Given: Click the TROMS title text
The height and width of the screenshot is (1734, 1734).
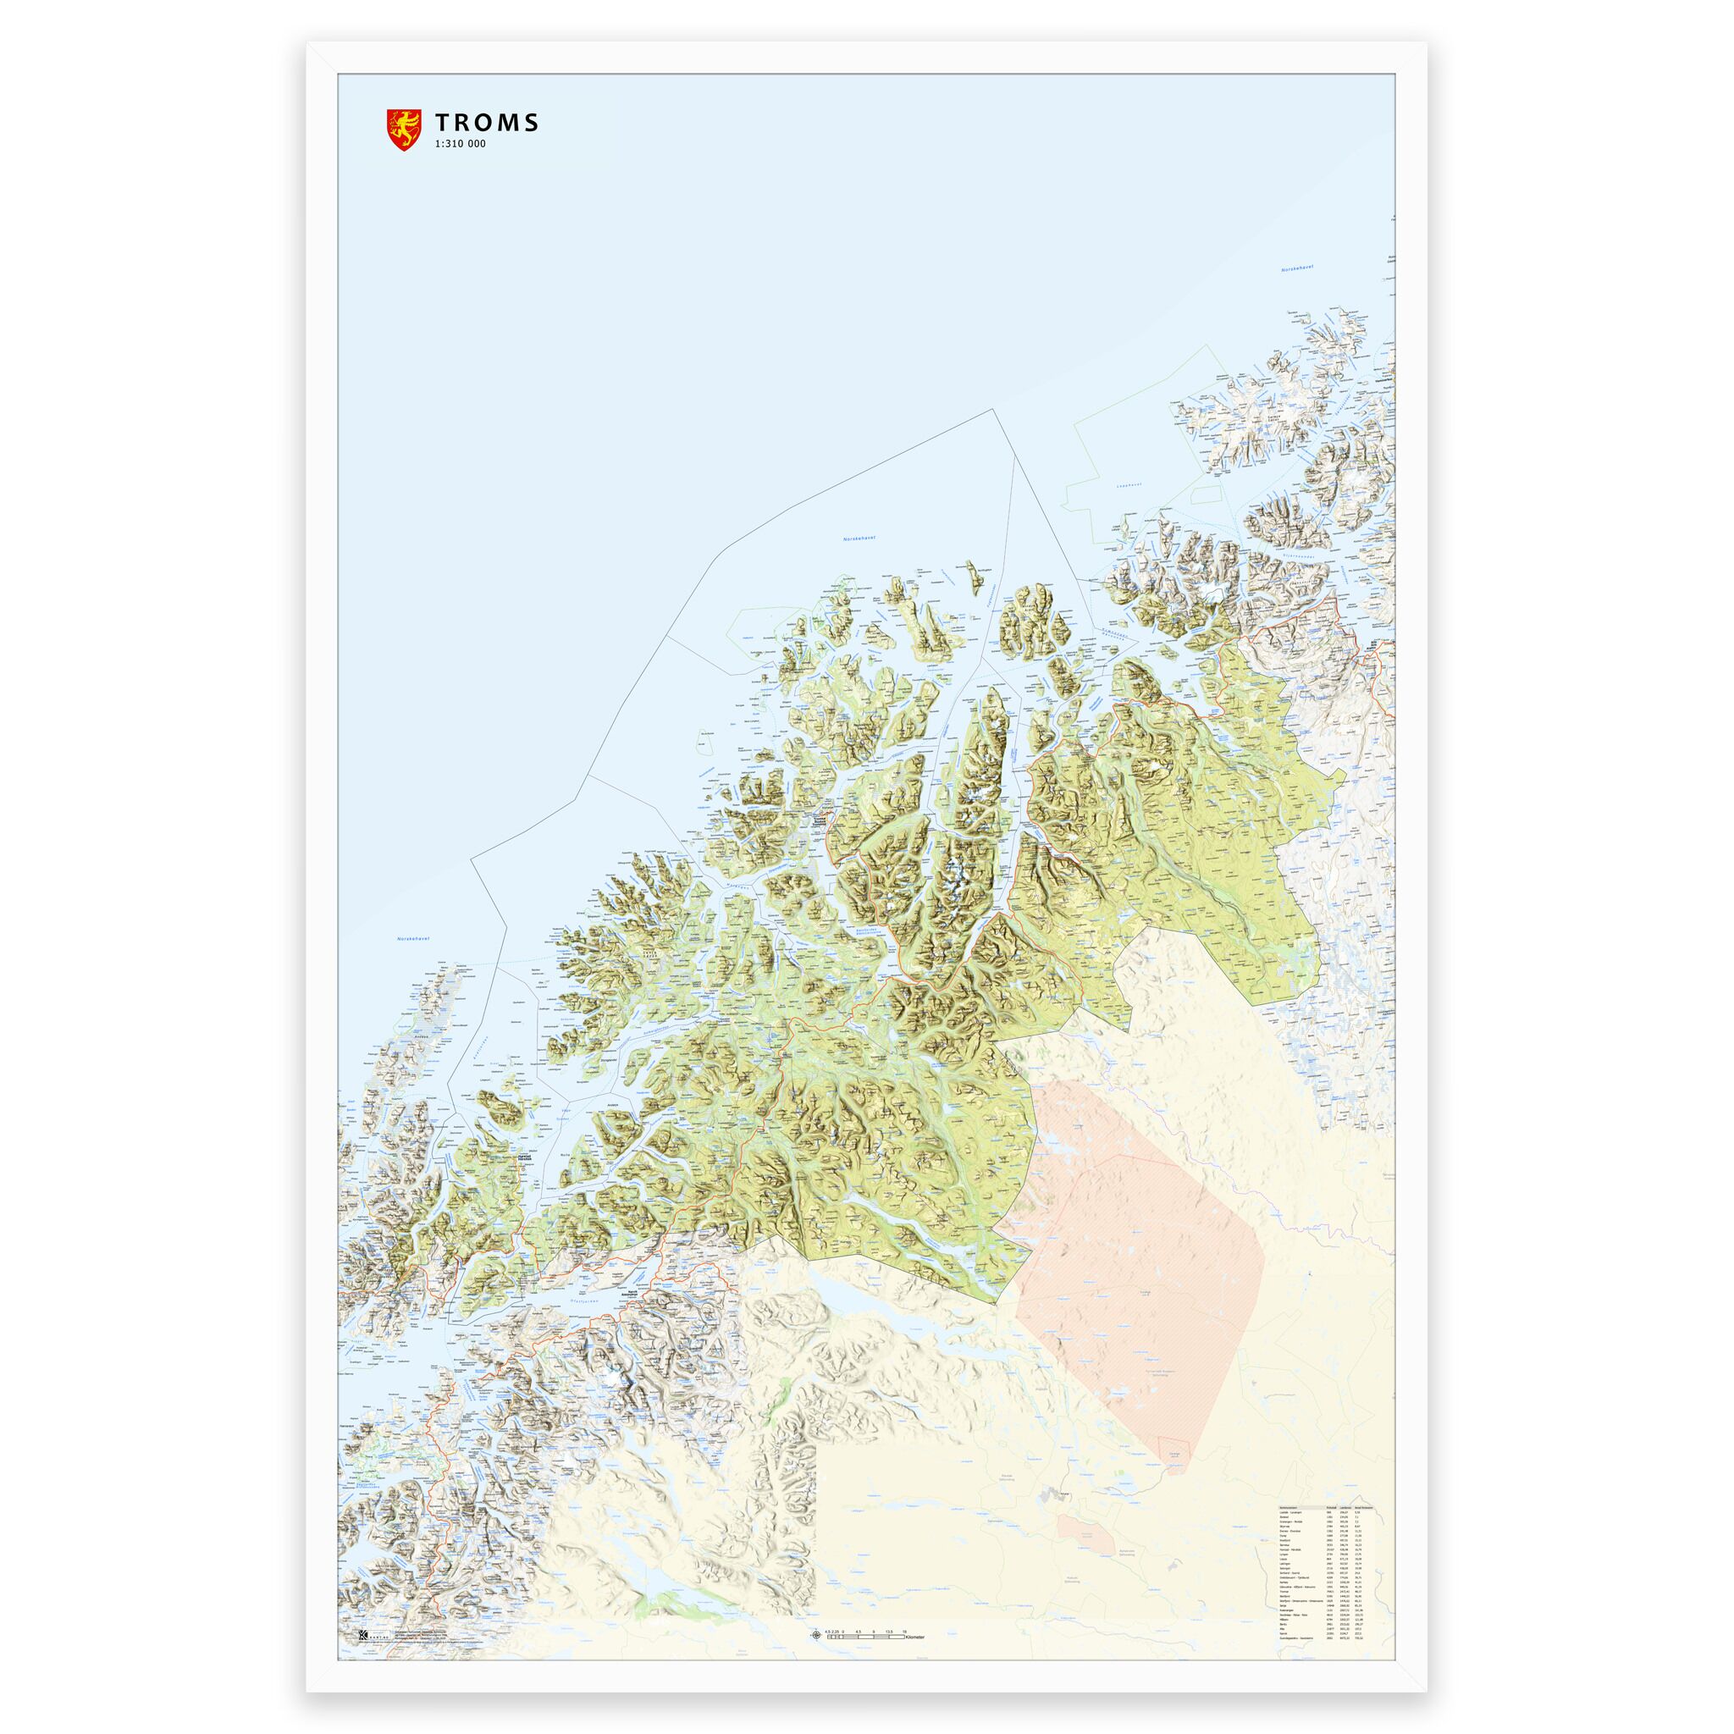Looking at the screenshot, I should [487, 123].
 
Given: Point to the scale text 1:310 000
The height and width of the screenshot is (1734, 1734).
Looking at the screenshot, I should [461, 145].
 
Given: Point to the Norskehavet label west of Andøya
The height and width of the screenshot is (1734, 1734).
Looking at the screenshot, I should [414, 939].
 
